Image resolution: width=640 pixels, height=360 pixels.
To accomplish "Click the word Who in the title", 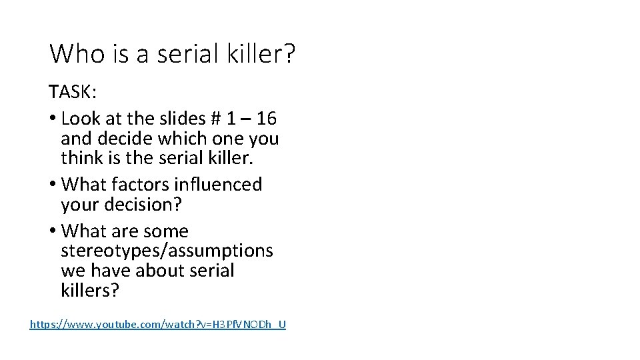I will tap(74, 53).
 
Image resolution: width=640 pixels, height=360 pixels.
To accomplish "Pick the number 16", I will tap(266, 119).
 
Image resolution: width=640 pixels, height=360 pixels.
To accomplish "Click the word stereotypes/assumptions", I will tap(167, 251).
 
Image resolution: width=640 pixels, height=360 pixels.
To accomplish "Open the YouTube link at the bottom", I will tap(158, 325).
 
